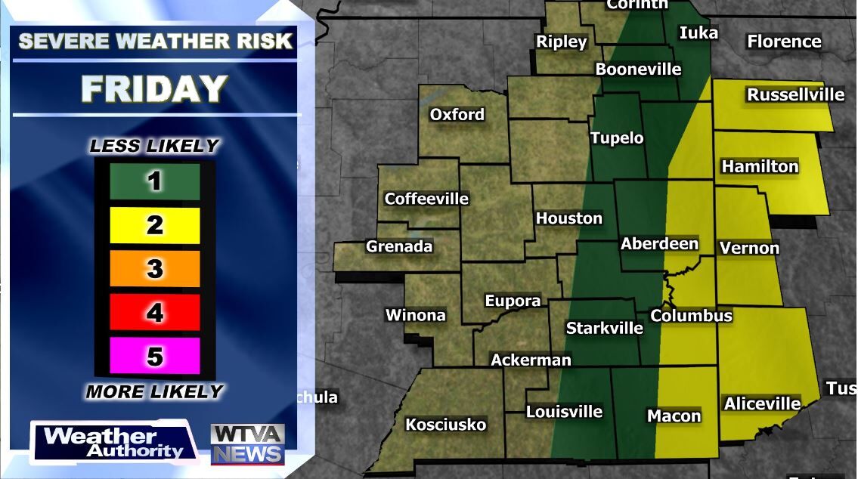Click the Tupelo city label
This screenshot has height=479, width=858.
617,138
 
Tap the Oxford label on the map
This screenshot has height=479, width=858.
457,115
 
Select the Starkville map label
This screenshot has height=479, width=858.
604,328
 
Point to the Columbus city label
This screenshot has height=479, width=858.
692,315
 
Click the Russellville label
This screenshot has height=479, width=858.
795,94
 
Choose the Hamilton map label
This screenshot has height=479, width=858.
760,166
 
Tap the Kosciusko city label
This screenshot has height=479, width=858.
445,424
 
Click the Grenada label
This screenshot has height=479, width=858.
399,246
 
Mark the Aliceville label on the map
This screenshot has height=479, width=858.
762,403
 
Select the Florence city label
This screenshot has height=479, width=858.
784,42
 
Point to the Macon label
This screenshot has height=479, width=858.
674,416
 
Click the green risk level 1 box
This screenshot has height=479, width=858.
155,181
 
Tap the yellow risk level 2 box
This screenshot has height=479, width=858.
155,225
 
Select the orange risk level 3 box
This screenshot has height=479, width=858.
155,268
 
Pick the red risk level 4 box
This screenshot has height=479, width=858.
155,312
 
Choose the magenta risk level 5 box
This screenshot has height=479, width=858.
155,356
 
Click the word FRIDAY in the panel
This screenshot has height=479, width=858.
154,89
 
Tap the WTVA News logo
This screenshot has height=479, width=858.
247,443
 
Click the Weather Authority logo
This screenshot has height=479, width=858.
113,443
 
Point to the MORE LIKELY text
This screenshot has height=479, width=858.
154,391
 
